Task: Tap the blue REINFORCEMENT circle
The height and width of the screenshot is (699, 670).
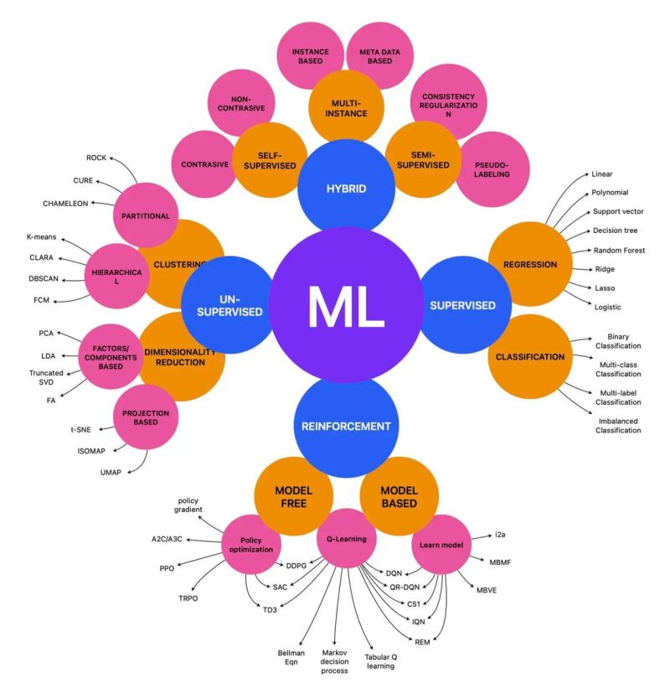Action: coord(346,426)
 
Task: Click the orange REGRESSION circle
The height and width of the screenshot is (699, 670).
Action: coord(529,265)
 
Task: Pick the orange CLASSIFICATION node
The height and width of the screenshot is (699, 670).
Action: coord(529,356)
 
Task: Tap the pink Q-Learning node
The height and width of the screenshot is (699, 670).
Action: coord(346,539)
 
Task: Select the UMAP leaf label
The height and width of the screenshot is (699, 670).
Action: coord(111,473)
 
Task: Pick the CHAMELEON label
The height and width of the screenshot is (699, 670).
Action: coord(65,204)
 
